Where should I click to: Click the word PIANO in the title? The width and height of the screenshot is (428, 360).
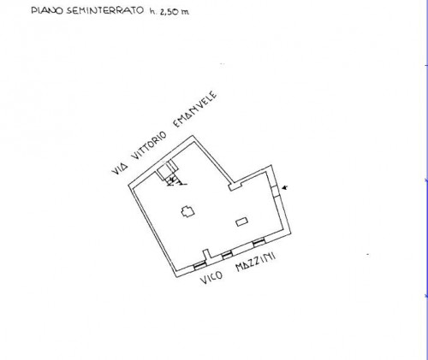pyautogui.click(x=47, y=10)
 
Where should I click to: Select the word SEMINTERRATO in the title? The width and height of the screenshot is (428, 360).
pyautogui.click(x=105, y=10)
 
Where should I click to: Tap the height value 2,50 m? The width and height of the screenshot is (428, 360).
pyautogui.click(x=173, y=12)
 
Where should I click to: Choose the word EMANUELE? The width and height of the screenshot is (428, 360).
pyautogui.click(x=195, y=109)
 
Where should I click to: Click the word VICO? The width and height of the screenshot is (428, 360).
pyautogui.click(x=211, y=277)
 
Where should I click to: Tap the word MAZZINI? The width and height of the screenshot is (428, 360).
pyautogui.click(x=255, y=262)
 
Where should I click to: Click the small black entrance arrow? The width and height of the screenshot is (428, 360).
pyautogui.click(x=284, y=187)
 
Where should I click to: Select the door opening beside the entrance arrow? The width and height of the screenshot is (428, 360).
pyautogui.click(x=276, y=191)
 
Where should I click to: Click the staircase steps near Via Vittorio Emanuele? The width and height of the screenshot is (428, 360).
pyautogui.click(x=170, y=174)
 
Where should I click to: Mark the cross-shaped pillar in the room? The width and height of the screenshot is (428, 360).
pyautogui.click(x=188, y=211)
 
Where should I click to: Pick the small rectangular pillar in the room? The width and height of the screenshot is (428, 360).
pyautogui.click(x=242, y=221)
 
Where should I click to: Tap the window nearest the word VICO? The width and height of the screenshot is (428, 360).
pyautogui.click(x=199, y=265)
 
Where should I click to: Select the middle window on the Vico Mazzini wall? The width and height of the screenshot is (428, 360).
pyautogui.click(x=228, y=255)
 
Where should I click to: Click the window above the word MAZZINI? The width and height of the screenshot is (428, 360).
pyautogui.click(x=259, y=242)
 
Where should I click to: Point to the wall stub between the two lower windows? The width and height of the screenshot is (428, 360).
pyautogui.click(x=207, y=254)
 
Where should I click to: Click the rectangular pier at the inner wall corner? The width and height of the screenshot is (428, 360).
pyautogui.click(x=235, y=186)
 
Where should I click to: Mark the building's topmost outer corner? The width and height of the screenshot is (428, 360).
pyautogui.click(x=193, y=135)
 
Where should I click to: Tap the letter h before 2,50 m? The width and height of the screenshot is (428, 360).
pyautogui.click(x=152, y=11)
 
